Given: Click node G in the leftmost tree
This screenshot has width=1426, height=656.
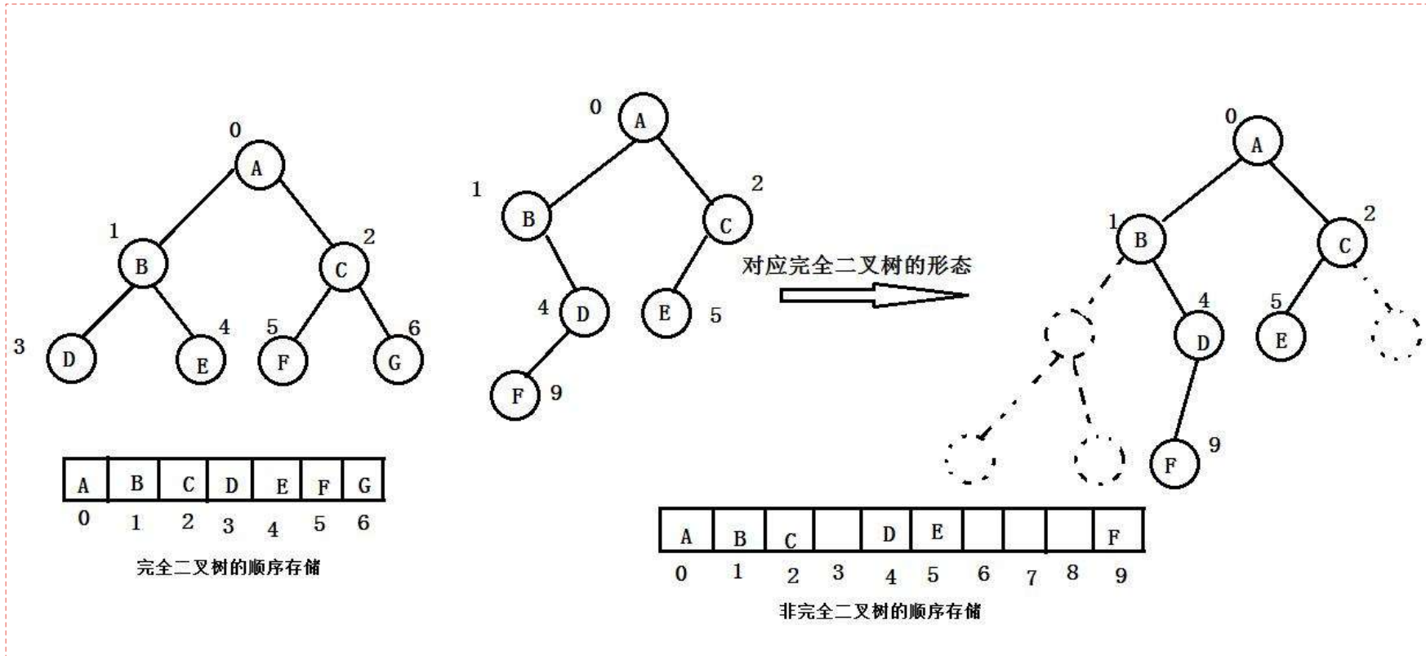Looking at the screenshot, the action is [x=398, y=359].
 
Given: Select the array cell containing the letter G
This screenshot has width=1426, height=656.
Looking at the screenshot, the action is [x=363, y=480].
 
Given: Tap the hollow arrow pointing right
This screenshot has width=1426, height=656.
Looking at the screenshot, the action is [x=873, y=294].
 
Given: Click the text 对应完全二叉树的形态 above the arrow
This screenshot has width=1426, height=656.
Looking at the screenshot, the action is [x=856, y=266].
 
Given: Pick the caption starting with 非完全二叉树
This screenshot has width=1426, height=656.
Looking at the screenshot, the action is [x=880, y=610].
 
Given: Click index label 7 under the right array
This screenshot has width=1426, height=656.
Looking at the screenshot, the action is [x=1031, y=577].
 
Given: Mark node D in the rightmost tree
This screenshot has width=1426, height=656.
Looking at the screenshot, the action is [x=1200, y=340].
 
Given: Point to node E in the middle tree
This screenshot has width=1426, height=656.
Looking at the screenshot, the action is [x=665, y=313].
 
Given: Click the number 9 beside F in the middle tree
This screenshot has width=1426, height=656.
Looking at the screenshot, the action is [x=556, y=393].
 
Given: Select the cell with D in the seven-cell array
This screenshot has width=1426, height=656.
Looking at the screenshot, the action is [x=230, y=480].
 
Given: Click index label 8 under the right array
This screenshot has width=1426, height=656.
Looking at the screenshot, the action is [x=1072, y=573].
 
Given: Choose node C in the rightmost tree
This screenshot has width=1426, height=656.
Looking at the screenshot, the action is [x=1342, y=243].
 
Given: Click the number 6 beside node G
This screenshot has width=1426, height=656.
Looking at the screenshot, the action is [x=414, y=328].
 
